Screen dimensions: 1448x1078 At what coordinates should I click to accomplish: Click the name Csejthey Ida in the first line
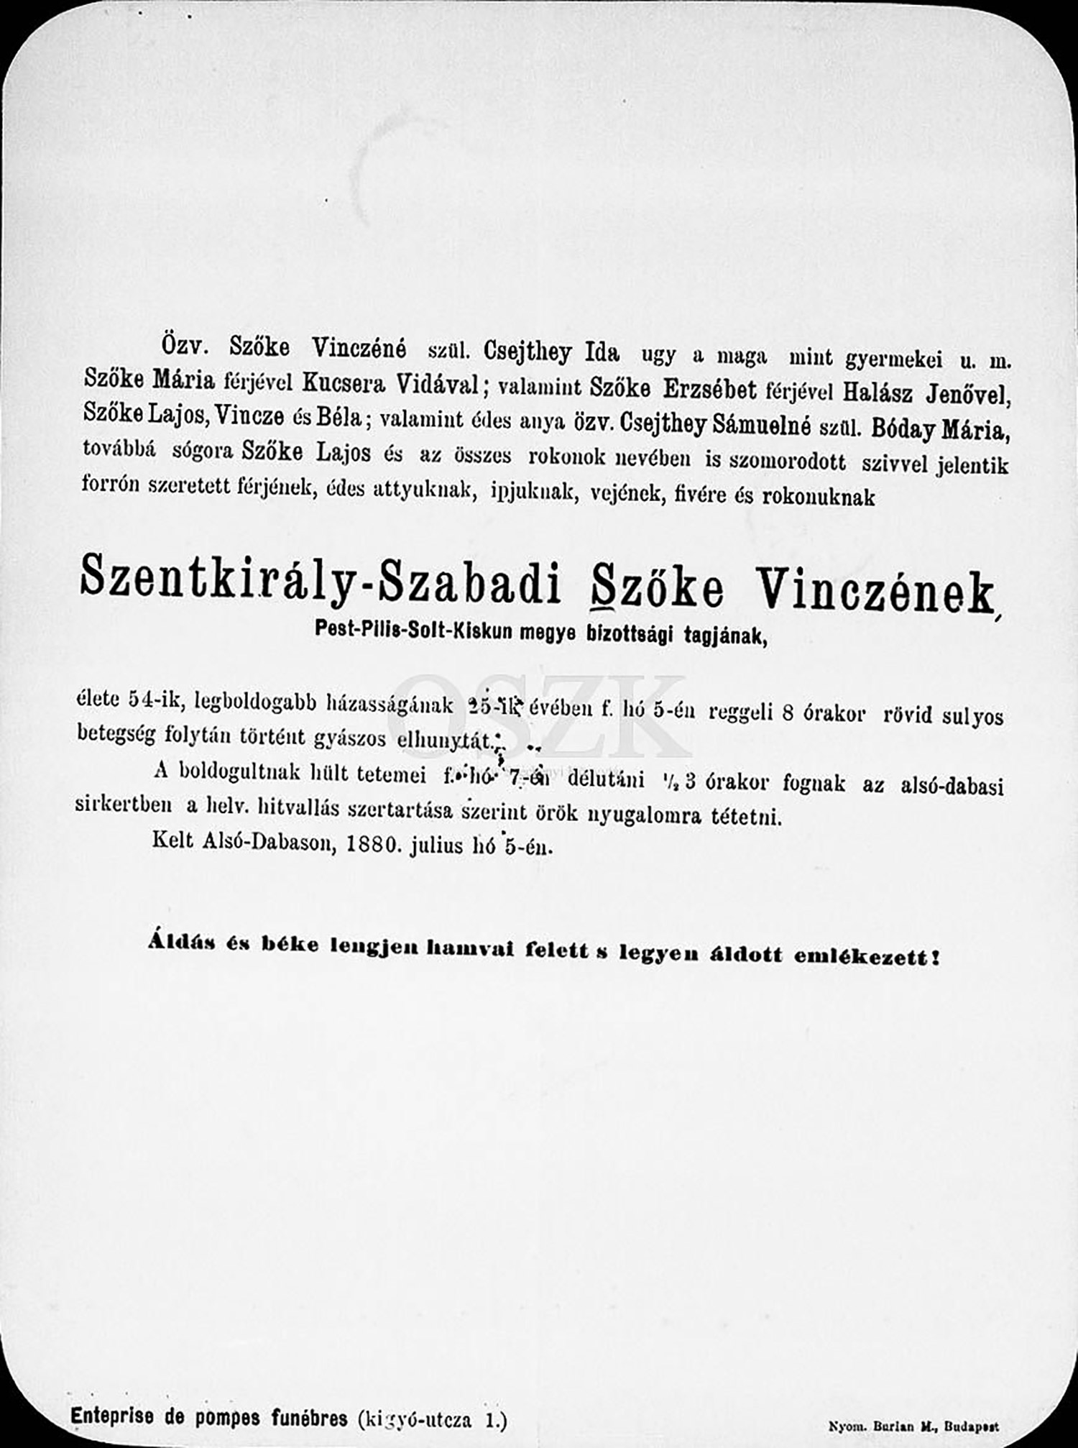(x=551, y=353)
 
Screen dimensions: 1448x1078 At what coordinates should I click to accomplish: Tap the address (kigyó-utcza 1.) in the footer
(x=431, y=1419)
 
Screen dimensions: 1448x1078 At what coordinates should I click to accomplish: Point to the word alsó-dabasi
(x=952, y=786)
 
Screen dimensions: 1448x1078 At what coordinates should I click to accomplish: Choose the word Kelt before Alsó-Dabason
(x=172, y=840)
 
